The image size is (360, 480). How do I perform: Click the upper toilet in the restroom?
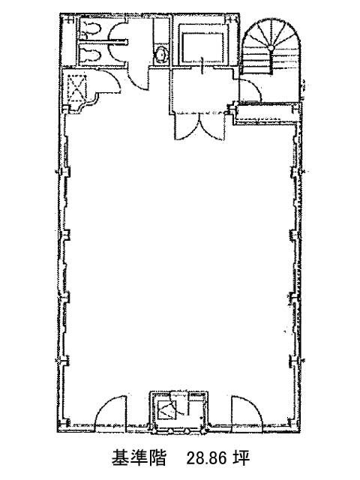[x=90, y=29]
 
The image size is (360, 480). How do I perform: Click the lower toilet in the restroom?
[x=90, y=54]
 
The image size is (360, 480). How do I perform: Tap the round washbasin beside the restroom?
[x=160, y=55]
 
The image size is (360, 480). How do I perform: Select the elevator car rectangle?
[x=202, y=46]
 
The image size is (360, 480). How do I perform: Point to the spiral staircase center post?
[x=271, y=48]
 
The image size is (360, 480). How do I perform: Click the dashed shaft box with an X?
[x=77, y=88]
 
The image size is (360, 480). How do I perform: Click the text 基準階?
[x=139, y=458]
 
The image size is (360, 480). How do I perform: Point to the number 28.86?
[x=207, y=458]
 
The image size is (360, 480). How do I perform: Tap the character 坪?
[x=241, y=458]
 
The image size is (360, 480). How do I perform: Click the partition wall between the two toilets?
[x=103, y=40]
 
